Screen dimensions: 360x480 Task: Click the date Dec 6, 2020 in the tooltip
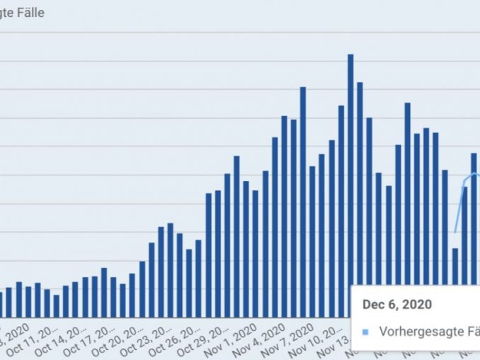tap(396, 304)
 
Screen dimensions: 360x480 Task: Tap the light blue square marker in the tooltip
tap(365, 331)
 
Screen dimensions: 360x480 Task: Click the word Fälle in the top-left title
tap(30, 13)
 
